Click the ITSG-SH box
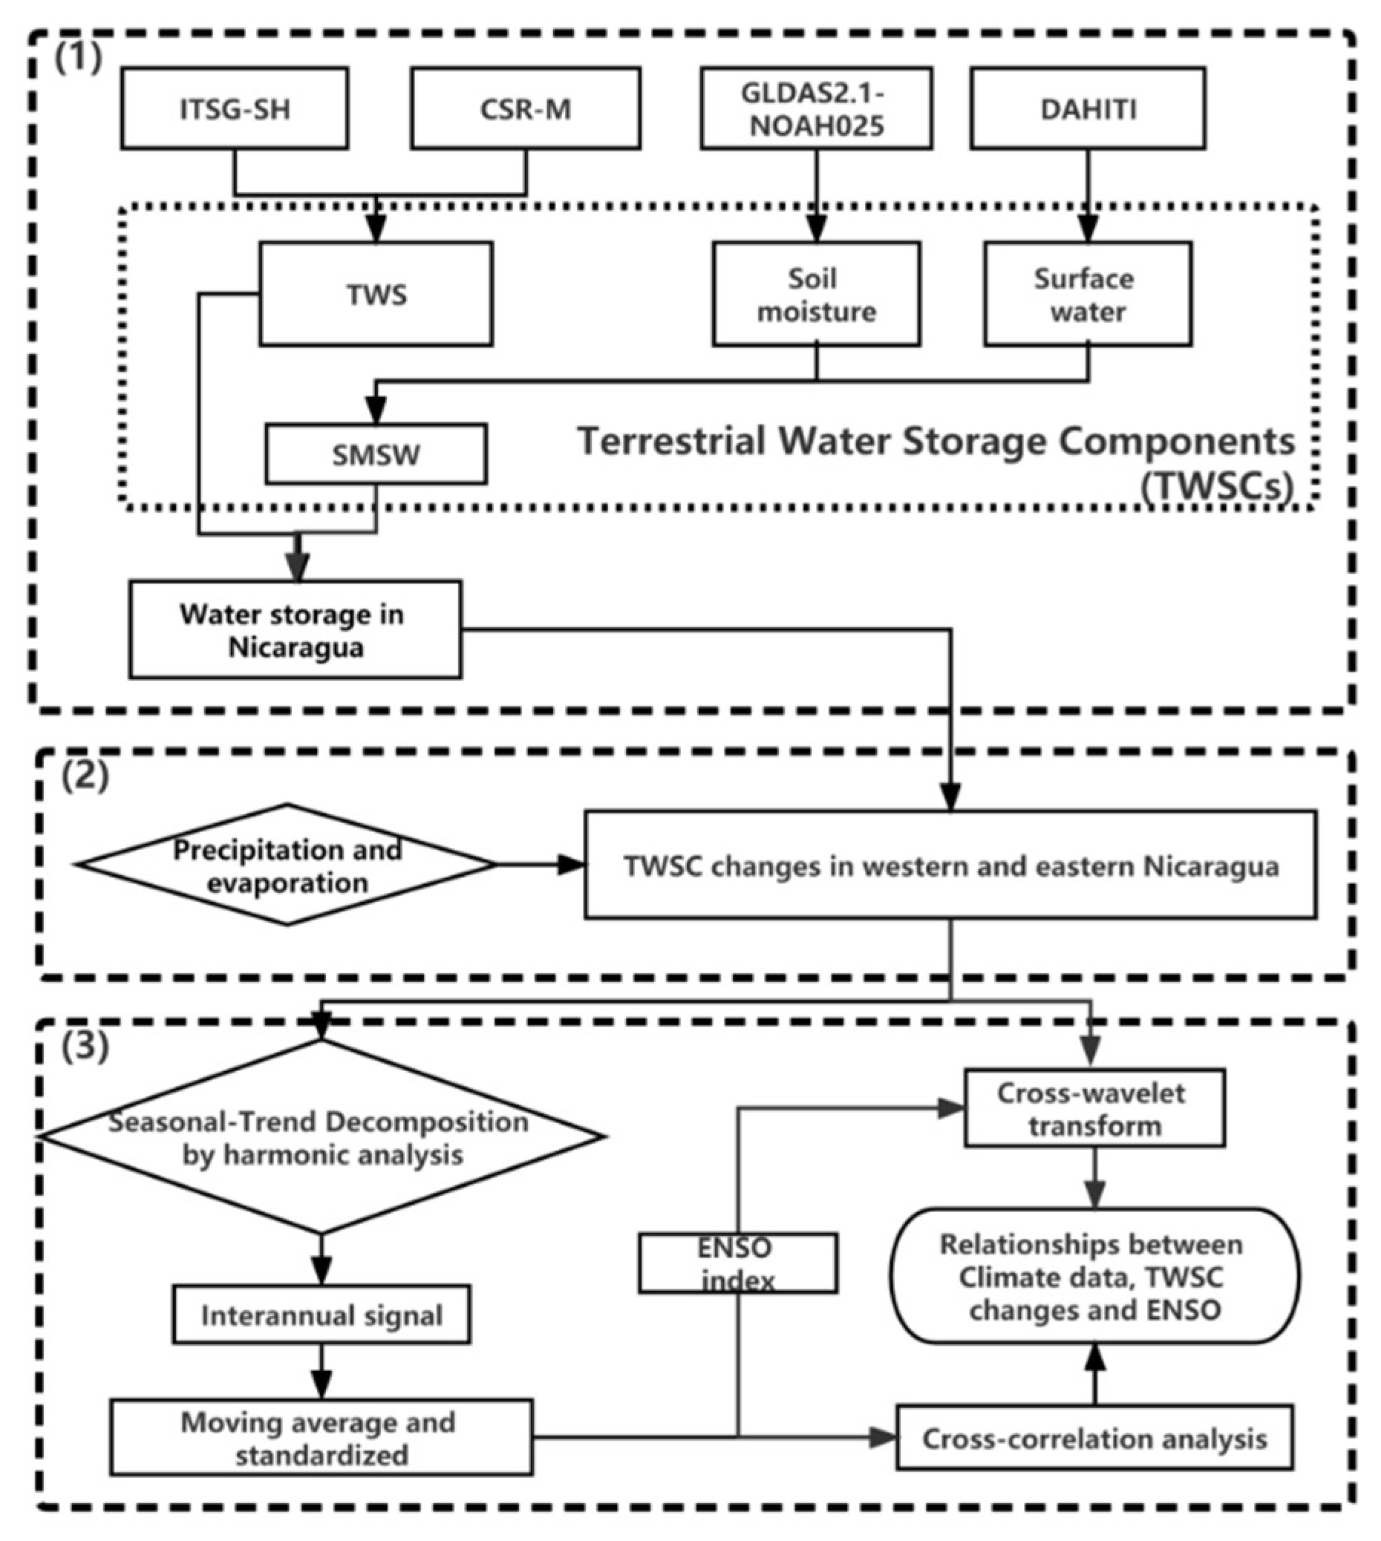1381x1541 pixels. click(235, 108)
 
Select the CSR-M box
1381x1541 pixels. click(525, 108)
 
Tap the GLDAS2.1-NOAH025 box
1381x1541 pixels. click(816, 108)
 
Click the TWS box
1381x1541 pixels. click(376, 295)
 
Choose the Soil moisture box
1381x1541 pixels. click(816, 295)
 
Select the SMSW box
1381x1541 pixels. click(376, 454)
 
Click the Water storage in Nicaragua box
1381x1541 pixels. click(295, 629)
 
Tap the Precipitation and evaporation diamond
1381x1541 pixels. click(287, 864)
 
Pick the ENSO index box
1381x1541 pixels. click(737, 1263)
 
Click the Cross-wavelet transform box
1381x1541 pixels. click(1094, 1108)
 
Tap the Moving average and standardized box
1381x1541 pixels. click(321, 1437)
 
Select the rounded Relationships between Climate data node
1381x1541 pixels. click(1094, 1277)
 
